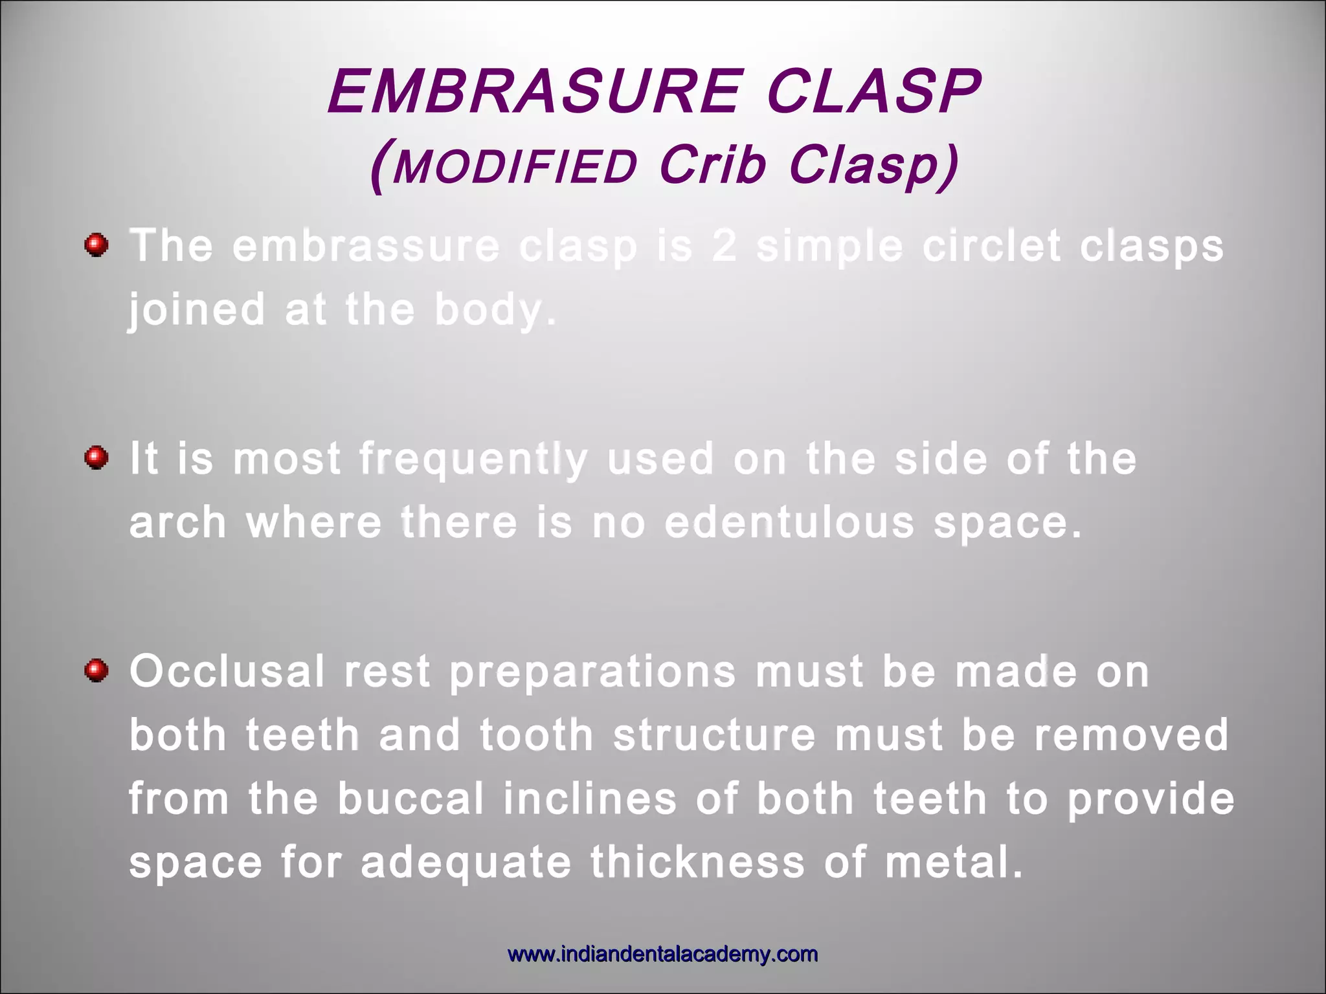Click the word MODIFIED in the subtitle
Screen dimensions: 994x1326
pos(515,167)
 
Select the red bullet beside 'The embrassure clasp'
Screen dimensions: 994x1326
pos(96,245)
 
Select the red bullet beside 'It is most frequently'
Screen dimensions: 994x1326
pos(96,458)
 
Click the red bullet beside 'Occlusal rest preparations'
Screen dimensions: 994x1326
pos(96,670)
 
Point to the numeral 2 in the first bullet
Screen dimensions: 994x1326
pos(725,247)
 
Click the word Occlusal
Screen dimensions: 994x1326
pos(227,671)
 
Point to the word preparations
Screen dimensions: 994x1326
pos(592,672)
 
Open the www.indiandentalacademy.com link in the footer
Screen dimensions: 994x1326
pos(662,955)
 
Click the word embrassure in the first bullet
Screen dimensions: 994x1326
pos(366,247)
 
